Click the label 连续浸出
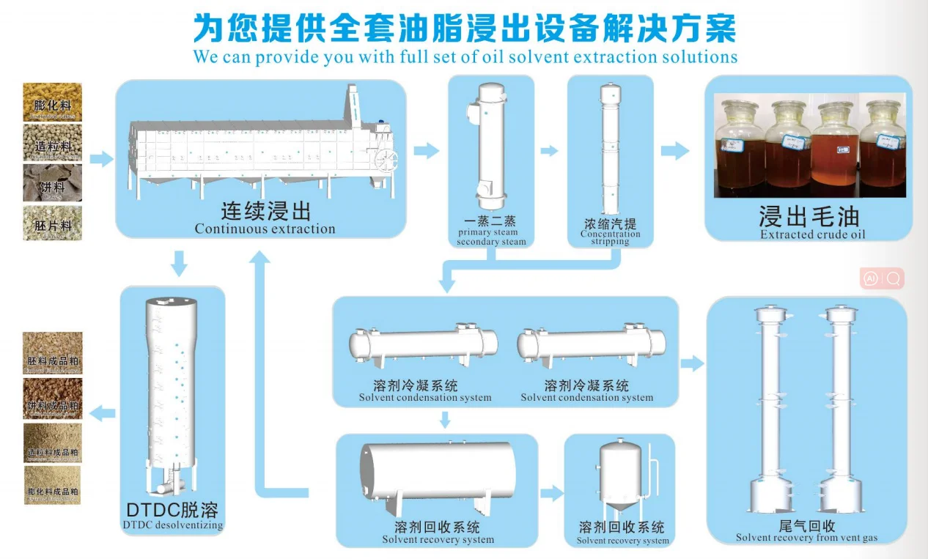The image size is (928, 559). (265, 212)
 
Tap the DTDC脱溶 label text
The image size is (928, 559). (172, 509)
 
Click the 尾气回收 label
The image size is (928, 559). (807, 526)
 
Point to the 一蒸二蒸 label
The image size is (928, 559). (491, 221)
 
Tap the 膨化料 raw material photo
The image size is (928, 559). (53, 102)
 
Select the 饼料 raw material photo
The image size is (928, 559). (53, 182)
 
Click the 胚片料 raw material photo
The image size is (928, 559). (53, 223)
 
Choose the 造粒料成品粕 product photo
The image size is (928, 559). (53, 442)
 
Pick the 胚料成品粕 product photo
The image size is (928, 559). (53, 353)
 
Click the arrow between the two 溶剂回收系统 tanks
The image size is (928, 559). (551, 493)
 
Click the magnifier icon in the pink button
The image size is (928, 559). (893, 278)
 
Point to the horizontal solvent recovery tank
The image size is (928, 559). (437, 471)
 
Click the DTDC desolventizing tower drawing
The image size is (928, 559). (172, 392)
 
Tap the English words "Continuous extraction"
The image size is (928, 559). (265, 229)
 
